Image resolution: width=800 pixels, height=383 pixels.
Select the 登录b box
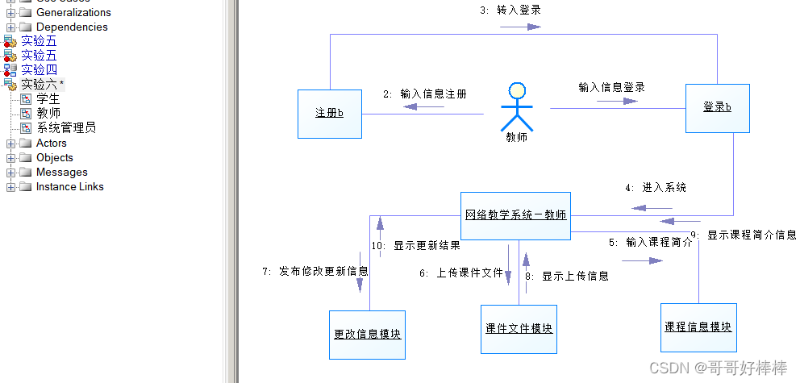717,107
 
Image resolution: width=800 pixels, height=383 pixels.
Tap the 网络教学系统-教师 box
515,215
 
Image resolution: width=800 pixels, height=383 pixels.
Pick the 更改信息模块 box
367,333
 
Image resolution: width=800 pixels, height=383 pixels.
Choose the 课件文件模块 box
519,328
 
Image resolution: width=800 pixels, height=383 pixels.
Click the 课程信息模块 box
698,327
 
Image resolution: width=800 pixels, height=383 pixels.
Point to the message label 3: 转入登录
510,10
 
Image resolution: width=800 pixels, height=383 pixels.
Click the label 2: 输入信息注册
425,94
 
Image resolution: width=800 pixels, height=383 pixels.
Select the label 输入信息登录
611,87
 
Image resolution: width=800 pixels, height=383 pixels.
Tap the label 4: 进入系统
656,187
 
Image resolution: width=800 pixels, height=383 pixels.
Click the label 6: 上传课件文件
461,273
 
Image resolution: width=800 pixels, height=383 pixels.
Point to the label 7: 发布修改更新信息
315,272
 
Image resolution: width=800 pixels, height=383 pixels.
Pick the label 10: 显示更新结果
416,246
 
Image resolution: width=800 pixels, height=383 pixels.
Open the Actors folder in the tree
51,143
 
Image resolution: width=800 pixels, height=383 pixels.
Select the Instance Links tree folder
69,186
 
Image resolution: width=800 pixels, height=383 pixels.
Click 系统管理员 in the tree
66,127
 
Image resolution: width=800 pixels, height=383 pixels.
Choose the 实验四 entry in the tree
39,69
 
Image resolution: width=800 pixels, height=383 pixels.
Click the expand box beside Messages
10,172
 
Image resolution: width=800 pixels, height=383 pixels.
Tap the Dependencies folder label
72,27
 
